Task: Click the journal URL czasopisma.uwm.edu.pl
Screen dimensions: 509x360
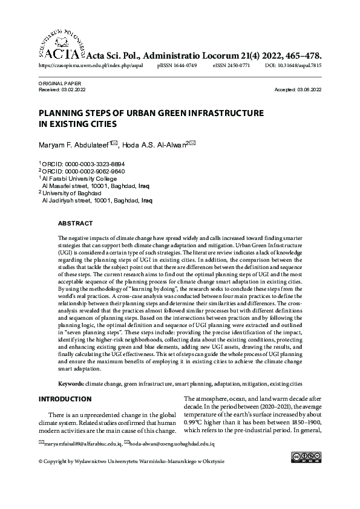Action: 91,64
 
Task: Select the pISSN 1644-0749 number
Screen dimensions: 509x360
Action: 177,64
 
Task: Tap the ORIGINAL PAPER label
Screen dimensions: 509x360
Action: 59,83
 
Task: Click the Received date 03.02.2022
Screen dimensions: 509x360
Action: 73,89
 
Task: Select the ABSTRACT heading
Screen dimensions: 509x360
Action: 76,224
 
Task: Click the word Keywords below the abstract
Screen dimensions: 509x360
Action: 71,384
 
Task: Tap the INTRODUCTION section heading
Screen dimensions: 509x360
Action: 65,400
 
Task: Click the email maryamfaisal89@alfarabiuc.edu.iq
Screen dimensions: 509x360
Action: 82,444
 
